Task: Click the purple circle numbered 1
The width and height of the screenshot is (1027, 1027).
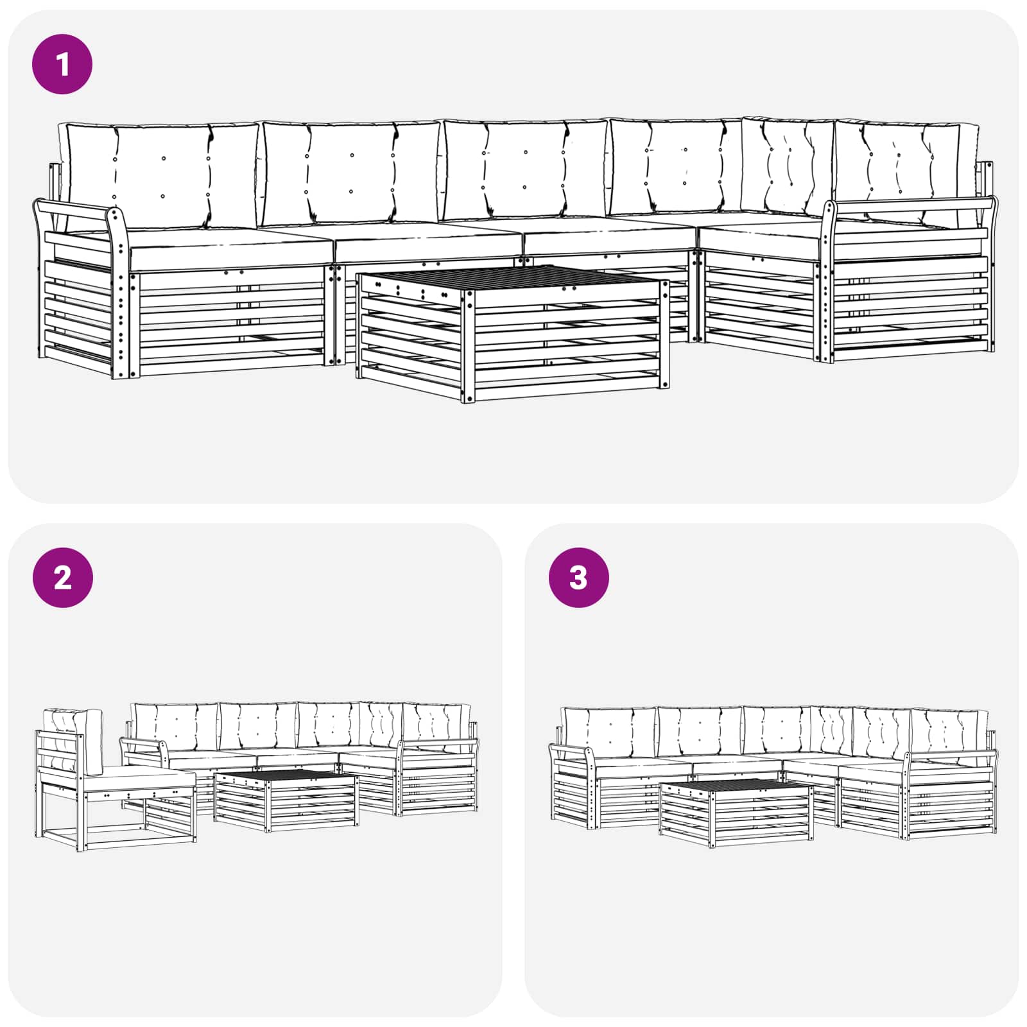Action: point(62,64)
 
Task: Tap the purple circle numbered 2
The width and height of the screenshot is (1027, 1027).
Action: point(62,578)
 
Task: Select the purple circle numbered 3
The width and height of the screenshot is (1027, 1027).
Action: point(578,578)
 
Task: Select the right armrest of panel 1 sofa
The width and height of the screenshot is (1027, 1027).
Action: point(911,205)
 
